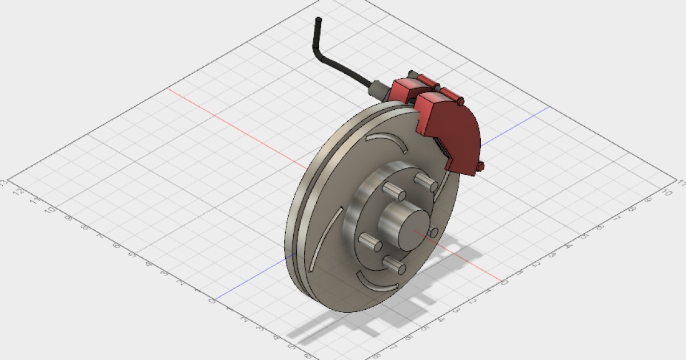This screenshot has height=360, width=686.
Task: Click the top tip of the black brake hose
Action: coord(318,21)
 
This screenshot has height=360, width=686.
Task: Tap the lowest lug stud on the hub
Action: coord(394,264)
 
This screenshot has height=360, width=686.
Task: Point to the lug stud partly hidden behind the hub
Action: coord(433,233)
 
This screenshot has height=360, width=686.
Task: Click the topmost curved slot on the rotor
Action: coord(387,141)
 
